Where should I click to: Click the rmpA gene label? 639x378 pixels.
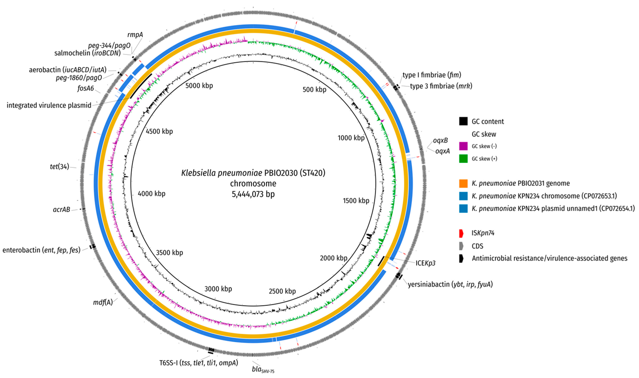tap(135, 35)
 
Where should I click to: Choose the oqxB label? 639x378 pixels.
tap(440, 140)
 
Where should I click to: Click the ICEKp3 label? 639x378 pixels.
tap(425, 263)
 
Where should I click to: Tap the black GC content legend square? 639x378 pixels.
tap(463, 121)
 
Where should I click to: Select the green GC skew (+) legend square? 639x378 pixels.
tap(463, 159)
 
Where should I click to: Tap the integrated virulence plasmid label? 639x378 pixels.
tap(49, 105)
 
